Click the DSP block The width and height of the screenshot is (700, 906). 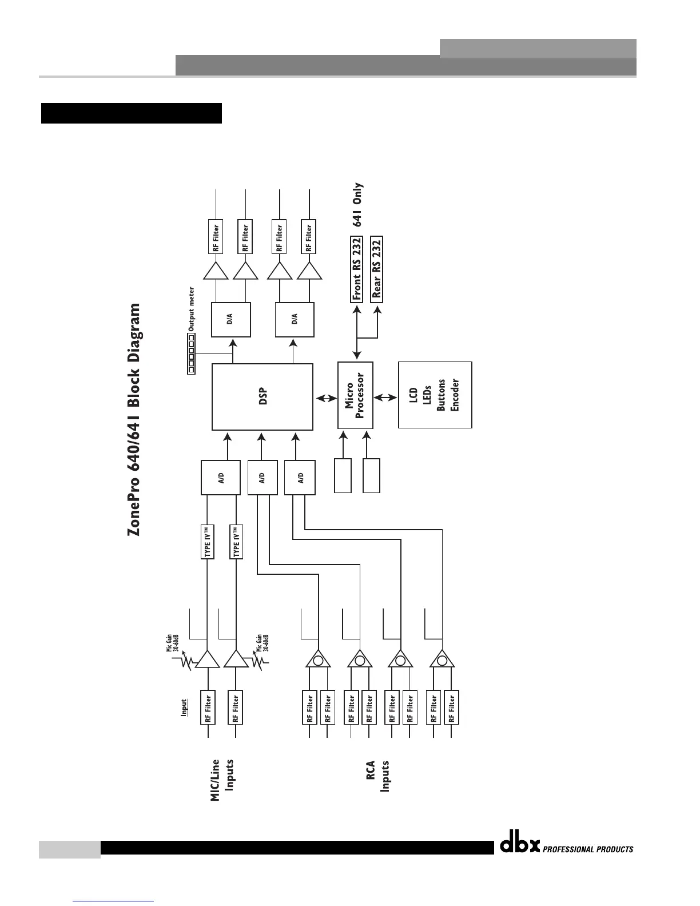coord(262,397)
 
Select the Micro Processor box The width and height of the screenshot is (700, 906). coord(355,396)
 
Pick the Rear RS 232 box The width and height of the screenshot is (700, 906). coord(377,268)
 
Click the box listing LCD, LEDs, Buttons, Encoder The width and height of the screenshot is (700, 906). coord(435,395)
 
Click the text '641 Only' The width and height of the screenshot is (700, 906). coord(357,205)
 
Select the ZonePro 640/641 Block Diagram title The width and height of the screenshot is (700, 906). coord(133,420)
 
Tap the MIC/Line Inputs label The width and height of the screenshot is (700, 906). coord(222,780)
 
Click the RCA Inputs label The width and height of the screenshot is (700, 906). coord(378,776)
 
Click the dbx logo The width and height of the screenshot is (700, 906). coord(520,845)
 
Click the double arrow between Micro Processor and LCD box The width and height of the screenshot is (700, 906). coord(385,396)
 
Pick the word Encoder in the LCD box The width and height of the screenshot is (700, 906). coord(455,395)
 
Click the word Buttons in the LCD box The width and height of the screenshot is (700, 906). coord(441,395)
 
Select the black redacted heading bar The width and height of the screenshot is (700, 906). coord(131,113)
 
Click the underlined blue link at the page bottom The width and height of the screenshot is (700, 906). coord(114,900)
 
